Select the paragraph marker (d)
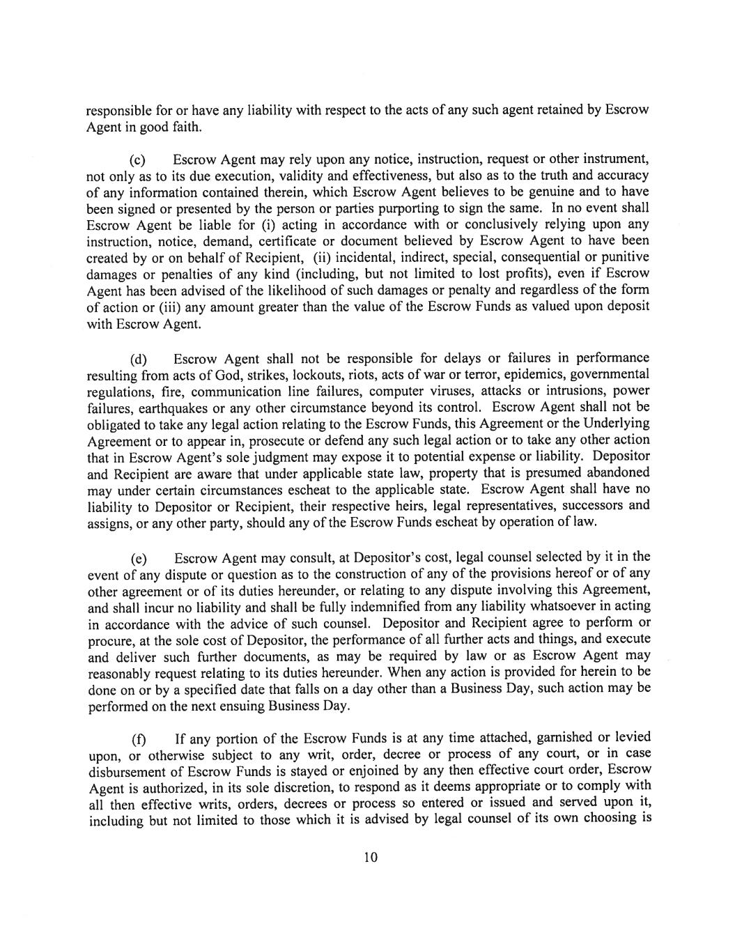(x=139, y=360)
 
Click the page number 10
(x=370, y=858)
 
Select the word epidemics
(x=535, y=376)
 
